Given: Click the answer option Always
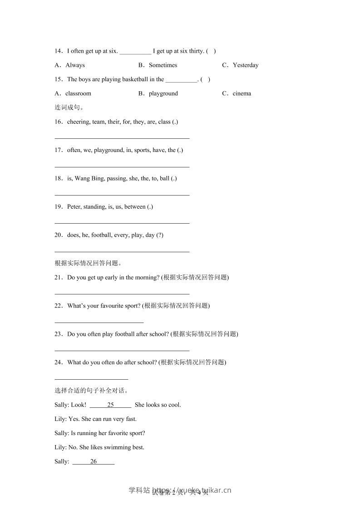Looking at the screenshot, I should pyautogui.click(x=75, y=65).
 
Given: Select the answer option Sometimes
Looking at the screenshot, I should pyautogui.click(x=163, y=65).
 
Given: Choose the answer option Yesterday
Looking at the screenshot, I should pyautogui.click(x=245, y=65).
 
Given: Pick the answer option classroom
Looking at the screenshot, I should pyautogui.click(x=78, y=93).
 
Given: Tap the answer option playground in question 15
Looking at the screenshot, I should pyautogui.click(x=163, y=93).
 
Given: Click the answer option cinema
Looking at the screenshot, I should pyautogui.click(x=242, y=93).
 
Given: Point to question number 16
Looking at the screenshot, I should pyautogui.click(x=58, y=122).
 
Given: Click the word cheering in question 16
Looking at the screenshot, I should pyautogui.click(x=78, y=122).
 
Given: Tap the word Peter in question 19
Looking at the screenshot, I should pyautogui.click(x=74, y=207).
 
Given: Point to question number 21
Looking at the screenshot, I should pyautogui.click(x=58, y=277).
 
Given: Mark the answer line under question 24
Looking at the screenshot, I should pyautogui.click(x=91, y=378).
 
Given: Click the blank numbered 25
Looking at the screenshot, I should pyautogui.click(x=110, y=405).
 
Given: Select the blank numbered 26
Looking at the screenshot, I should pyautogui.click(x=94, y=461).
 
